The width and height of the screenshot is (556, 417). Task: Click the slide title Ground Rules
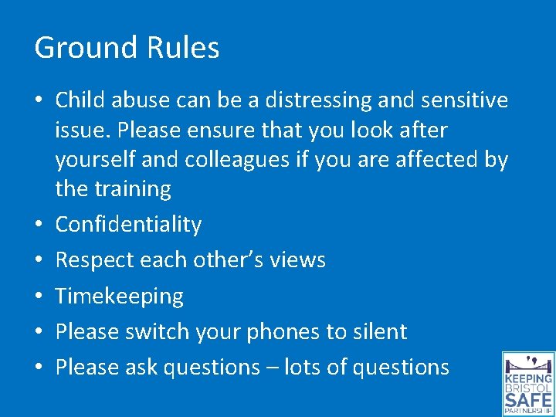127,48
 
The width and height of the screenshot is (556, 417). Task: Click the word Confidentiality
128,225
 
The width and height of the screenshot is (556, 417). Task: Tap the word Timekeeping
120,297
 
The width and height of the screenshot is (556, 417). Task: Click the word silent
380,332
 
